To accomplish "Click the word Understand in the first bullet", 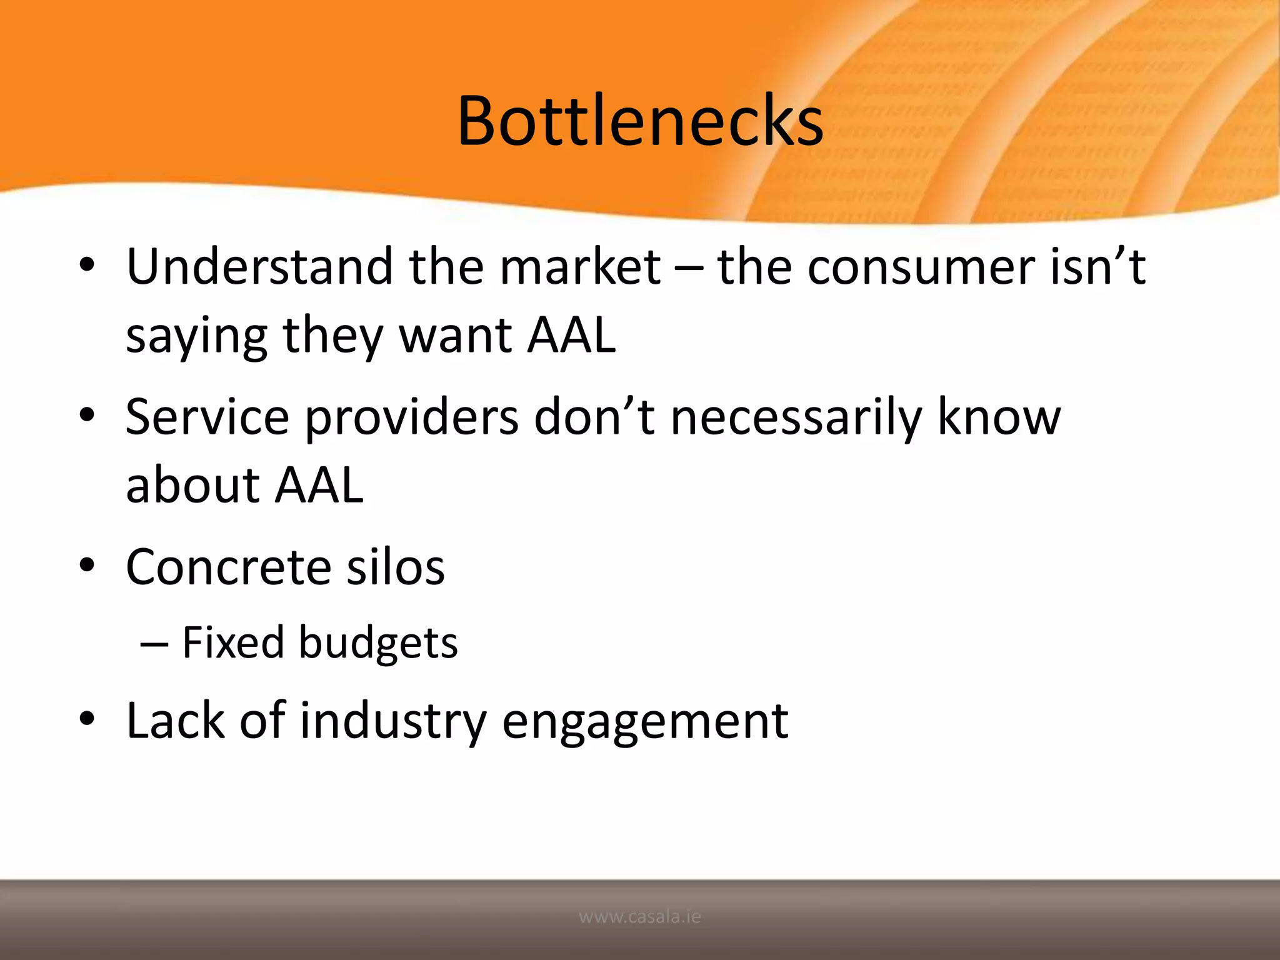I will tap(259, 267).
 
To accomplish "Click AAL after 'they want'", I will tap(571, 336).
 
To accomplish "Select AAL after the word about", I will tap(319, 486).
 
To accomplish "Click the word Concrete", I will tap(228, 567).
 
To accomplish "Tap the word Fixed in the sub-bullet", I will tap(232, 642).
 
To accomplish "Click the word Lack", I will tap(175, 720).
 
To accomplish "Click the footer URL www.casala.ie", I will tap(640, 917).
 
